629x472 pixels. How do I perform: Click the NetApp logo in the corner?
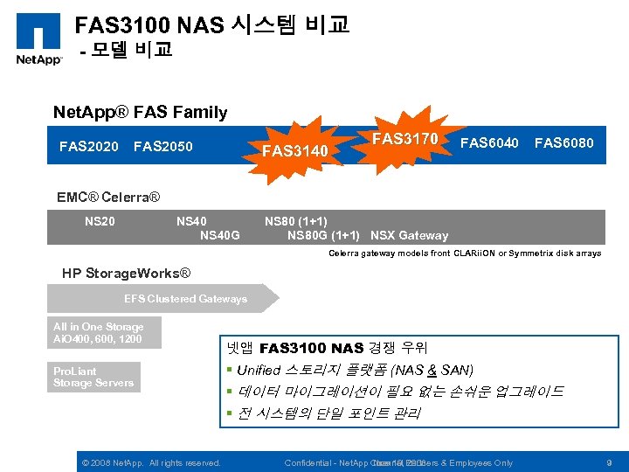[38, 39]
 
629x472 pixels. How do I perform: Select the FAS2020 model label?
[88, 145]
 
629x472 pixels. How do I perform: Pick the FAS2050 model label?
[163, 145]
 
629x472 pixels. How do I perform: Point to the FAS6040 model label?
[489, 142]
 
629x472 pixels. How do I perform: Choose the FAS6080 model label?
[563, 142]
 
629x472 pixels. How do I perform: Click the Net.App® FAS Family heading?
[140, 112]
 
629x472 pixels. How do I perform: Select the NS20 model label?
[100, 221]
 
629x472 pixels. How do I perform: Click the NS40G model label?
[220, 234]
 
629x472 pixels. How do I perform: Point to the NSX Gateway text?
[409, 235]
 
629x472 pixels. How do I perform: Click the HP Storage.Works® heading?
[126, 274]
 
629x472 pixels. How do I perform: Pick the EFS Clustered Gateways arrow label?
[185, 299]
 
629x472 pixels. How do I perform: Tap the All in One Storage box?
[99, 332]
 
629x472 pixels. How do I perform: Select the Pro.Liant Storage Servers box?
[93, 377]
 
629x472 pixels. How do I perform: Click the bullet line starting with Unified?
[356, 370]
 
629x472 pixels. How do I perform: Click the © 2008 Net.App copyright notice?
[150, 462]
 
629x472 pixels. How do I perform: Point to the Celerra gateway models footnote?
[464, 253]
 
